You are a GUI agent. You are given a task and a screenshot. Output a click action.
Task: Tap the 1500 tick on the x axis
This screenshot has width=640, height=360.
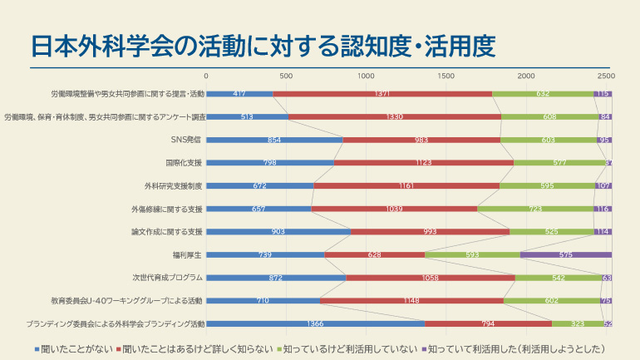(446, 76)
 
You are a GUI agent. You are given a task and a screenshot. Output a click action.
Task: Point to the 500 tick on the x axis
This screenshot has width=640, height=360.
(286, 76)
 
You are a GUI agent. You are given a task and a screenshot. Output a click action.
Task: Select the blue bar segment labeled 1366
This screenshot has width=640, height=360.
(315, 323)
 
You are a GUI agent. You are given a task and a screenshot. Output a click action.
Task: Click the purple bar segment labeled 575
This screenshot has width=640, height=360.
(566, 254)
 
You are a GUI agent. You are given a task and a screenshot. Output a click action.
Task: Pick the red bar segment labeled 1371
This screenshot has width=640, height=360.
(382, 94)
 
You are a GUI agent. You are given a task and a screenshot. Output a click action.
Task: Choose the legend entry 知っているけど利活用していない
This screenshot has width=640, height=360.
(350, 349)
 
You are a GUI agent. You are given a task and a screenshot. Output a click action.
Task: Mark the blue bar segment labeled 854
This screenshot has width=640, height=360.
(274, 140)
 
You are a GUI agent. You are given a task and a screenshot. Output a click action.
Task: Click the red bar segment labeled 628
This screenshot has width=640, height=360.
(374, 254)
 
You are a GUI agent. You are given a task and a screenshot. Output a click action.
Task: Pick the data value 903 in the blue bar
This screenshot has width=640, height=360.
(278, 231)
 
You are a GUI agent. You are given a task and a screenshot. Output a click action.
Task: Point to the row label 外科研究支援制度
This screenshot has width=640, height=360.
(173, 185)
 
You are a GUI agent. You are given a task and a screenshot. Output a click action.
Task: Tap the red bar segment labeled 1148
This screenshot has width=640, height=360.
(411, 300)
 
